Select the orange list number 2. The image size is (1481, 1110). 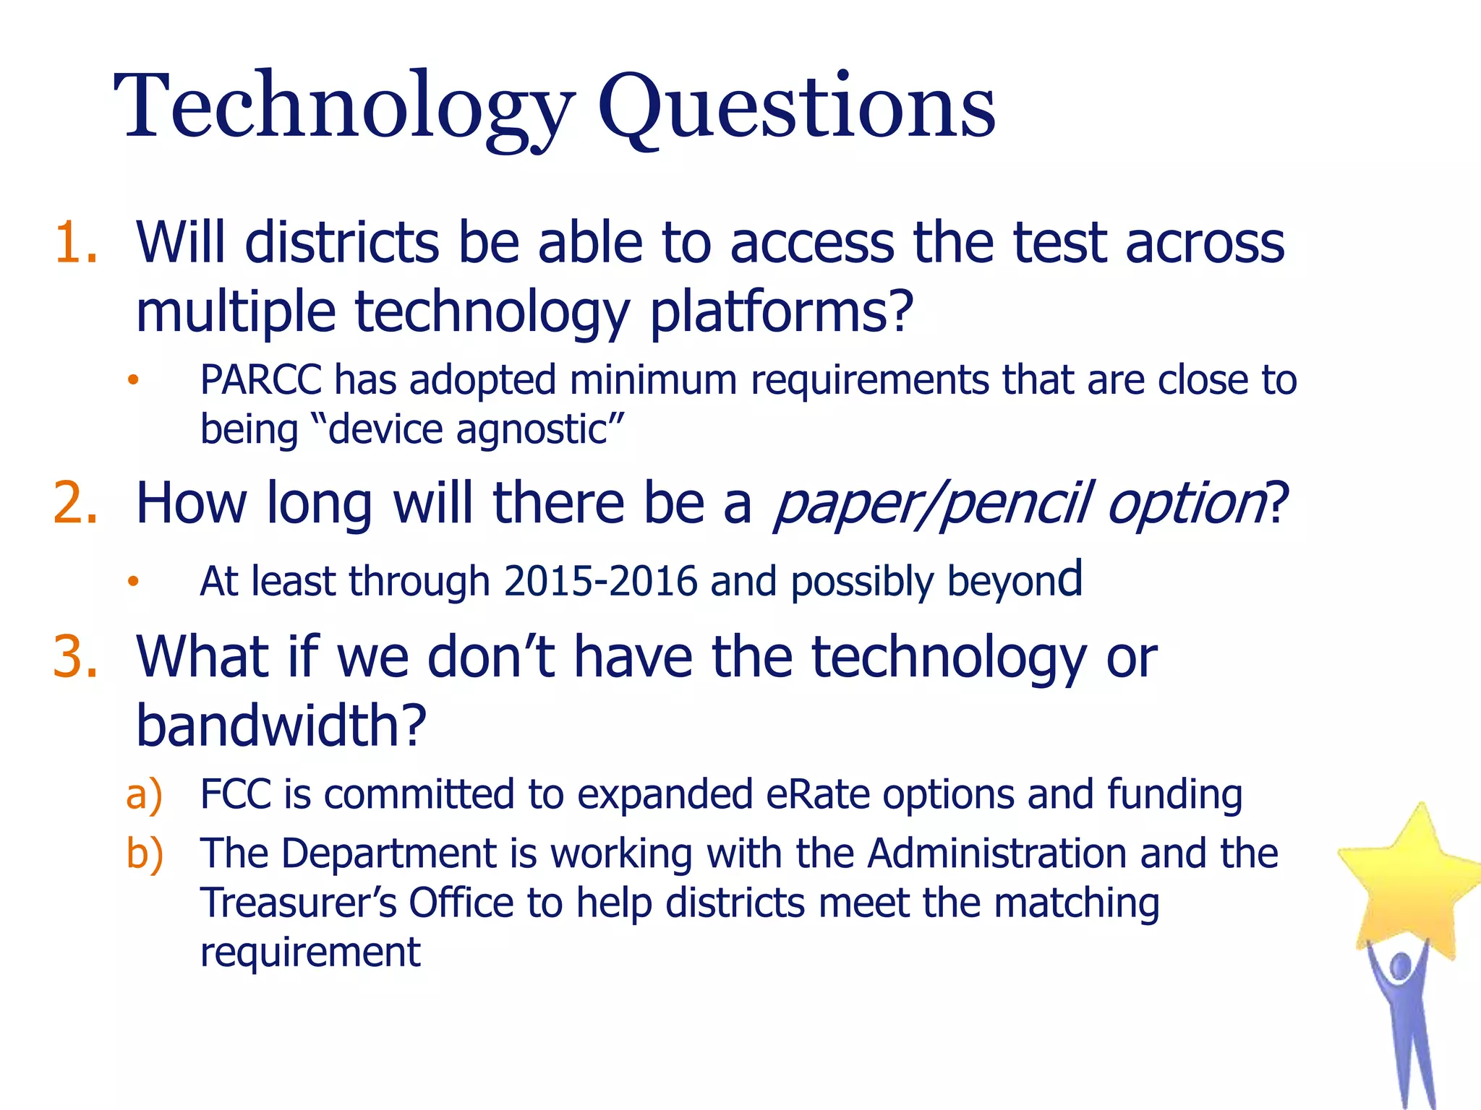[x=75, y=503]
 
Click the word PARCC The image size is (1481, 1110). [x=260, y=380]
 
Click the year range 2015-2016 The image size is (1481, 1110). [x=600, y=582]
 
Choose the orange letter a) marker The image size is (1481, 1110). [x=144, y=795]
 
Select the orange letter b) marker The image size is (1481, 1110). [x=144, y=854]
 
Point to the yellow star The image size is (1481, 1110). [x=1410, y=882]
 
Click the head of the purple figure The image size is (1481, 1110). [x=1401, y=967]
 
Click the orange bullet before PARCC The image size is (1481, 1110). [x=132, y=381]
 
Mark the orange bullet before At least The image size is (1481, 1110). [x=132, y=582]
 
